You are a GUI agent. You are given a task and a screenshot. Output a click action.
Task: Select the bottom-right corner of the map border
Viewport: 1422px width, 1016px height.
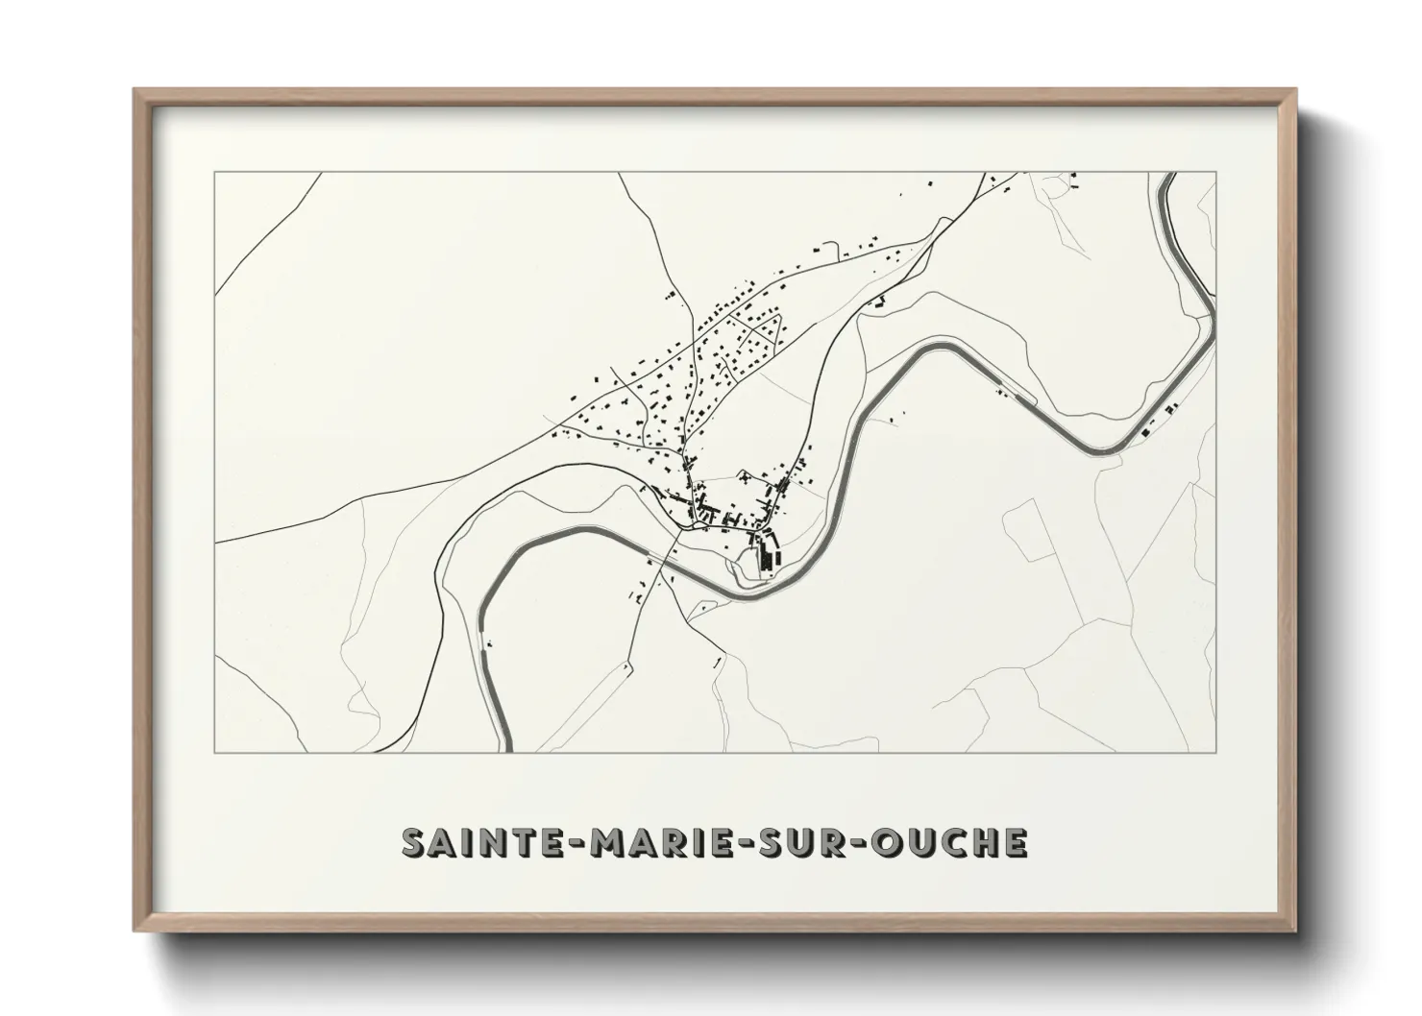(x=1216, y=752)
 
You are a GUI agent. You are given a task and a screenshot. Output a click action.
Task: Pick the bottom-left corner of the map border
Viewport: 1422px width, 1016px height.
(x=214, y=752)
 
